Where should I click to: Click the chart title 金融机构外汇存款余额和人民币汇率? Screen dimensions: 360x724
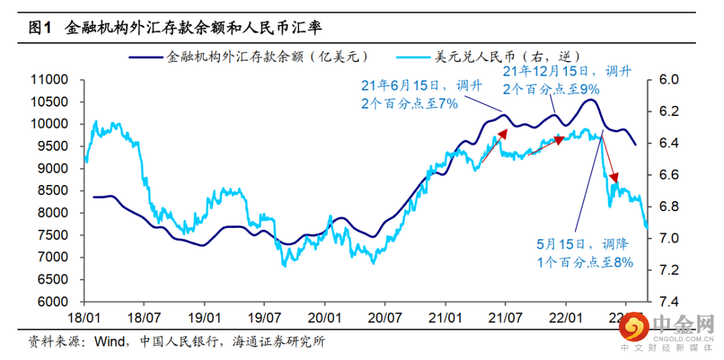click(x=194, y=27)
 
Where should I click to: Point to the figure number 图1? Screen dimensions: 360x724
click(x=40, y=27)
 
